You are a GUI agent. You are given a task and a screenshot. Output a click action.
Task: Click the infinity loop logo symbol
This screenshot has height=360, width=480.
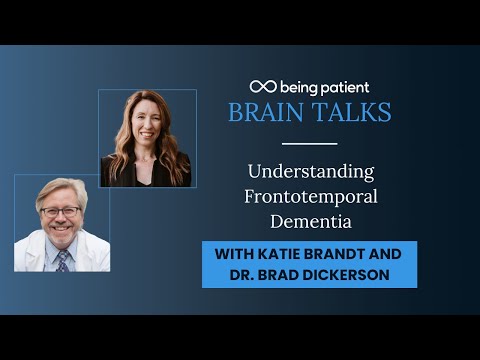(262, 87)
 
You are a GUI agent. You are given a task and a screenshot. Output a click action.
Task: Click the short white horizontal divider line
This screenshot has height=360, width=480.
(309, 143)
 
